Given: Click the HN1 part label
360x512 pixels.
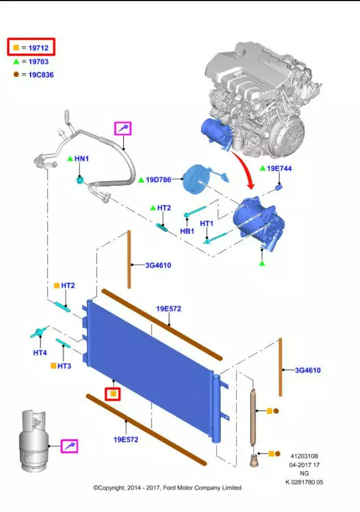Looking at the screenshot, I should pyautogui.click(x=82, y=159).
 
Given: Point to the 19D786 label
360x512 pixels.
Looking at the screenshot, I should pyautogui.click(x=158, y=180).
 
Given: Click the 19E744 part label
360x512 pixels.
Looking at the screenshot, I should pyautogui.click(x=279, y=169).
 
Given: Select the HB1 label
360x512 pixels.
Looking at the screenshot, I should pyautogui.click(x=187, y=231).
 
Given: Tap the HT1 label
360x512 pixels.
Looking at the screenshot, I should pyautogui.click(x=206, y=224).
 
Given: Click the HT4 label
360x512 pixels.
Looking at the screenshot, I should pyautogui.click(x=40, y=352).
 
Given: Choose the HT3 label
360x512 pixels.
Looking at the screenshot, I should pyautogui.click(x=64, y=366).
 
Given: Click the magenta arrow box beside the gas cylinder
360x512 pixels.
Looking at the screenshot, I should pyautogui.click(x=69, y=446).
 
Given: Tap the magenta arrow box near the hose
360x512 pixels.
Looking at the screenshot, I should pyautogui.click(x=123, y=129).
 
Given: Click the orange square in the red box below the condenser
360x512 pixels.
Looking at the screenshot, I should pyautogui.click(x=114, y=393).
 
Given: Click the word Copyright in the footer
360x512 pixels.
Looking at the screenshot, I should pyautogui.click(x=114, y=488).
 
